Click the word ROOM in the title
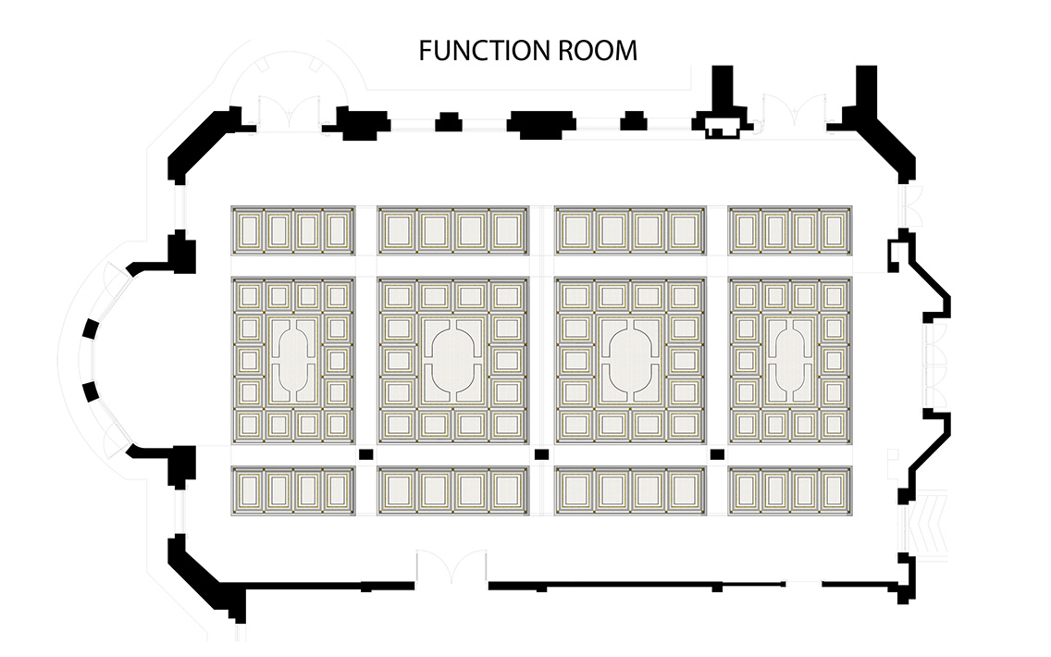click(x=598, y=51)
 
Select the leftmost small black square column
click(x=365, y=454)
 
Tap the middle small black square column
click(x=541, y=454)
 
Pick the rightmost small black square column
click(x=717, y=454)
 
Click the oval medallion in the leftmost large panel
click(x=293, y=361)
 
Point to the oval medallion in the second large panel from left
click(x=453, y=361)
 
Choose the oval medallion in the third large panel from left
click(x=630, y=361)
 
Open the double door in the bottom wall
click(x=451, y=568)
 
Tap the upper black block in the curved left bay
click(x=92, y=330)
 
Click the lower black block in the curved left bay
click(x=92, y=390)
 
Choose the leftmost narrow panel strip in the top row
click(x=293, y=230)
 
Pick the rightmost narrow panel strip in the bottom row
click(x=790, y=490)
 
